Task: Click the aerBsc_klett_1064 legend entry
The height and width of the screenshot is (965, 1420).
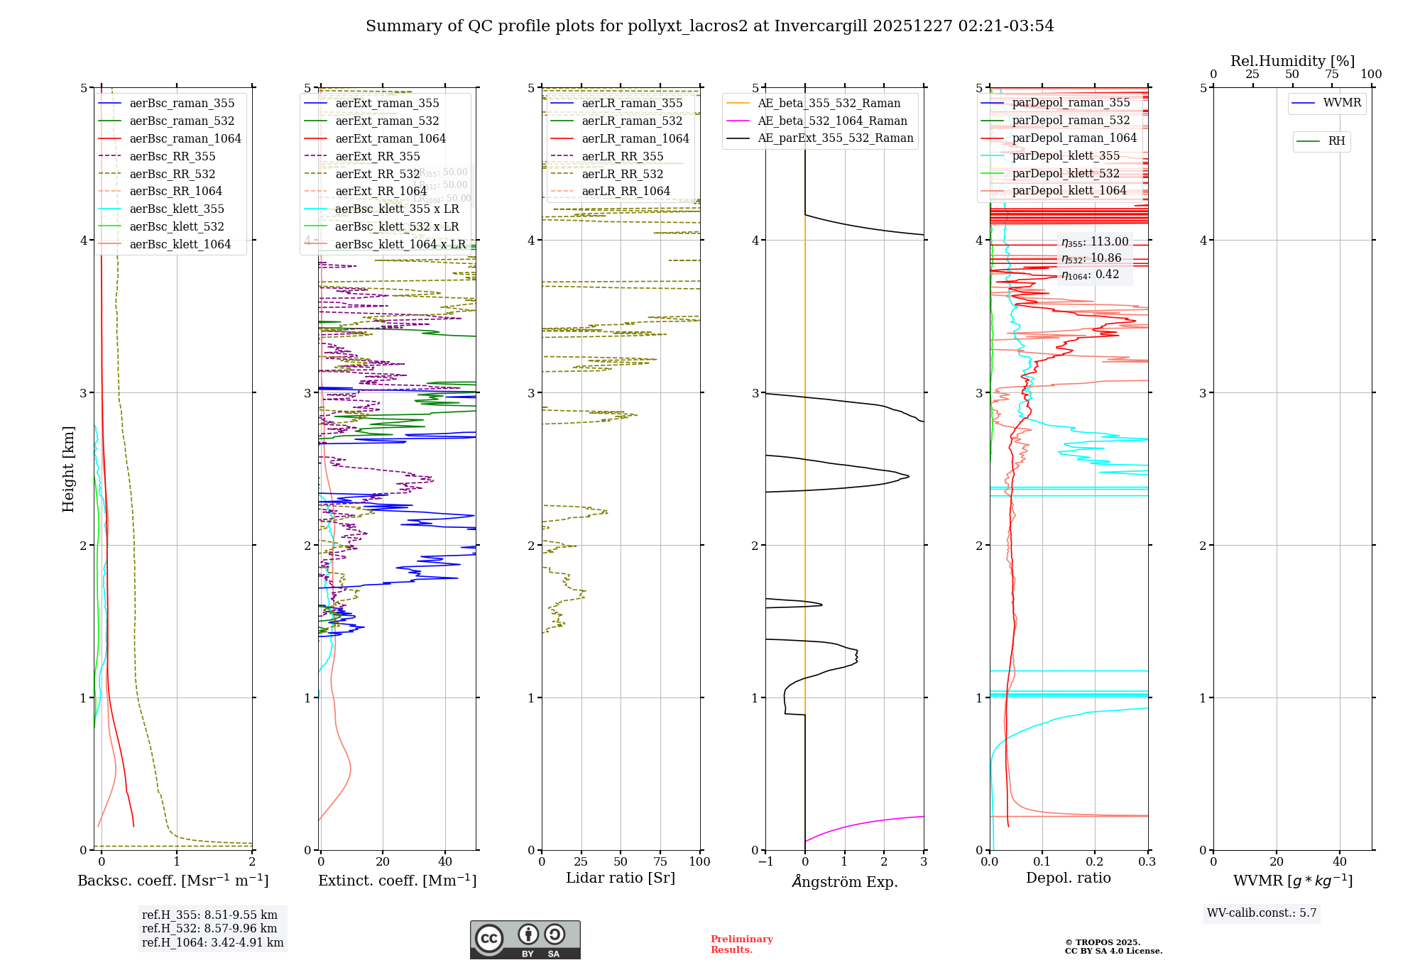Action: pos(180,245)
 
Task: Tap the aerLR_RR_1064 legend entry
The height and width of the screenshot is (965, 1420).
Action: pos(626,192)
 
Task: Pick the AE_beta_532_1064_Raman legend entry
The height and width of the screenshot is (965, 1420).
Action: pos(832,121)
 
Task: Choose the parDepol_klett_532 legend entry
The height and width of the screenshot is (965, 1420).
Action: pos(1065,174)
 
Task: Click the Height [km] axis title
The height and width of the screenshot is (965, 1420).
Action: pos(68,468)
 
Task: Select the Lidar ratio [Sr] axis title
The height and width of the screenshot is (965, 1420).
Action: pos(620,878)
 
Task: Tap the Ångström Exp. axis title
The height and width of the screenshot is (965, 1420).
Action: pos(844,882)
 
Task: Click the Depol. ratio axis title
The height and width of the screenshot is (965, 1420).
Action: pos(1068,878)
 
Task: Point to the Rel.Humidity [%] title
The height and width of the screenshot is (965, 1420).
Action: pos(1292,62)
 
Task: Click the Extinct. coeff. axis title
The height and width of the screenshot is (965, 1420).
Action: pos(397,881)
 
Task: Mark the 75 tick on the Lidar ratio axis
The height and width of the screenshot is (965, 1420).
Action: pos(660,862)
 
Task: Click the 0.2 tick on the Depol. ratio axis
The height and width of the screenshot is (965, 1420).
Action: pos(1095,862)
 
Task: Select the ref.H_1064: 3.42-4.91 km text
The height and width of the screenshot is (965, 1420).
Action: pos(212,943)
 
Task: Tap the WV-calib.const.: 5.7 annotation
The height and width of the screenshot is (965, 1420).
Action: pos(1262,913)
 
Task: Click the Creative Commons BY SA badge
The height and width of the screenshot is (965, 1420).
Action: pos(525,940)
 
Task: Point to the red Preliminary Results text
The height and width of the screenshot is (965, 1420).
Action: pos(741,944)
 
